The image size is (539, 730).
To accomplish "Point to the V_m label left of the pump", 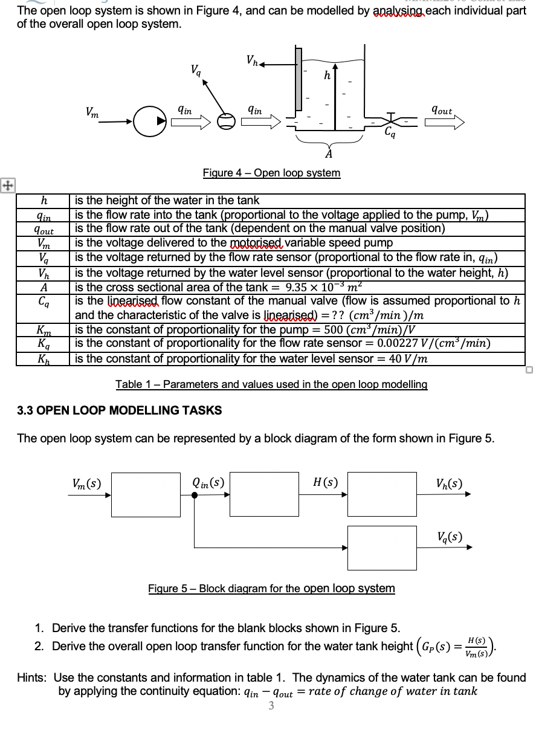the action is click(x=92, y=112).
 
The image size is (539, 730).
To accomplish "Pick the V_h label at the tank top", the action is click(x=253, y=60).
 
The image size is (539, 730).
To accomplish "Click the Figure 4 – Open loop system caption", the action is click(x=271, y=173).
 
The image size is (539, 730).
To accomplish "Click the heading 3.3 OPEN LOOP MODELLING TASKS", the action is click(x=119, y=410).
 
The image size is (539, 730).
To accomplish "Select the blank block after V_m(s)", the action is click(x=145, y=494).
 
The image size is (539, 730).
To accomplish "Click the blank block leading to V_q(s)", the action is click(x=382, y=547).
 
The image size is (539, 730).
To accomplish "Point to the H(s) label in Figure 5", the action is click(x=325, y=482).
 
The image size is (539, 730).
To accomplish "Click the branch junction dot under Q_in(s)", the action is click(x=194, y=495).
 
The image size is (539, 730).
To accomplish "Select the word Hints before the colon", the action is click(x=32, y=677).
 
